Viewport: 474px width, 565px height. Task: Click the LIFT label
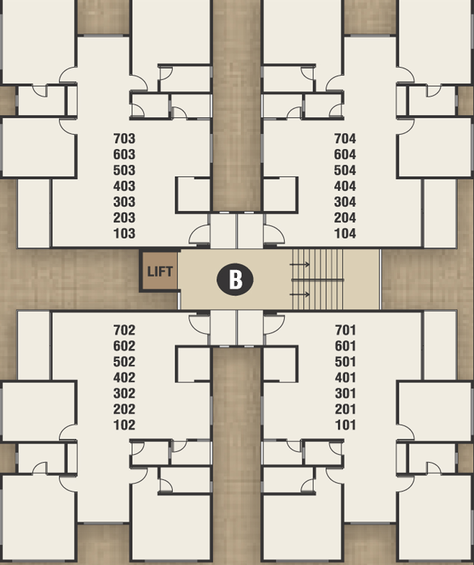coord(160,271)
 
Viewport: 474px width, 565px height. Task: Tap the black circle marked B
coord(235,280)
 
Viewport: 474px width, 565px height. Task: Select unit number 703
coord(124,139)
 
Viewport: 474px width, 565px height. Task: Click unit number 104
coord(345,234)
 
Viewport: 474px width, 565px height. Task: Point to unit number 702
coord(124,330)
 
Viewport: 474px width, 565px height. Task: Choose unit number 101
coord(345,425)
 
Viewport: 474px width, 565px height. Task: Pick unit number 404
coord(345,186)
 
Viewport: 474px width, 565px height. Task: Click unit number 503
coord(124,170)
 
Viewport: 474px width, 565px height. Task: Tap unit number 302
coord(124,394)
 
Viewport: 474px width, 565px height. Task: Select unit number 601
coord(345,346)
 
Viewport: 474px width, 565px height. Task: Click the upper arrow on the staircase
coord(300,265)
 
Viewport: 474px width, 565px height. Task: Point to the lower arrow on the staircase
coord(300,295)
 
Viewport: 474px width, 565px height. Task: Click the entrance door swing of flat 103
coord(199,234)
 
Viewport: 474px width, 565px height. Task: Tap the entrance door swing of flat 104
coord(274,234)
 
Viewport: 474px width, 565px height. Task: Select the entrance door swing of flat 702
coord(199,324)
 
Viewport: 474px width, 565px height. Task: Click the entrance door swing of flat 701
coord(274,324)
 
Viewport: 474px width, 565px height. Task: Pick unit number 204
coord(345,218)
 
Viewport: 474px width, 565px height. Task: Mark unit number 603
coord(124,154)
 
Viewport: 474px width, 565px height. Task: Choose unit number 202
coord(124,409)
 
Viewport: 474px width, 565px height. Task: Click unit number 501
coord(345,362)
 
